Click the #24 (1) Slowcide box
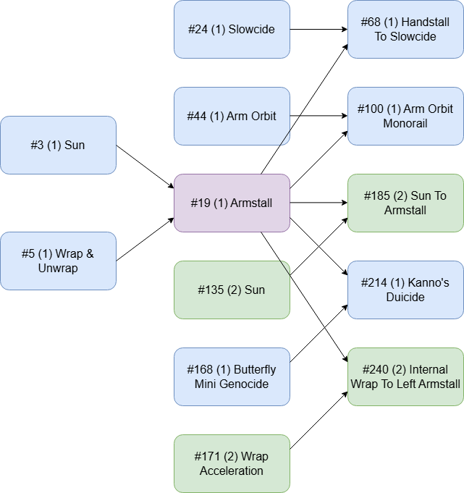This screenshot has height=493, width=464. pyautogui.click(x=232, y=29)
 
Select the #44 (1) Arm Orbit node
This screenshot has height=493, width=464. pyautogui.click(x=232, y=116)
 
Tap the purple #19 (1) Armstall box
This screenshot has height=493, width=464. pyautogui.click(x=232, y=203)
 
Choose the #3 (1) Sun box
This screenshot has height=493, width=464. pyautogui.click(x=58, y=145)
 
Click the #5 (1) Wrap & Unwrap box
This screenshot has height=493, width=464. pyautogui.click(x=58, y=261)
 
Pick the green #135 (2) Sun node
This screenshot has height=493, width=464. pyautogui.click(x=232, y=290)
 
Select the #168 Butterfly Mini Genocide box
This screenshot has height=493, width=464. pyautogui.click(x=232, y=376)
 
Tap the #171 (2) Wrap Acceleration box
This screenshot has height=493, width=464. pyautogui.click(x=232, y=464)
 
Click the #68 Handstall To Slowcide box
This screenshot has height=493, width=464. pyautogui.click(x=405, y=29)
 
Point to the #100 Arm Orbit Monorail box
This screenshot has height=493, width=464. pyautogui.click(x=405, y=116)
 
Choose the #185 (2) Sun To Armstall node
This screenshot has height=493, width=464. pyautogui.click(x=405, y=203)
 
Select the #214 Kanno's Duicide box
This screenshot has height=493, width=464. pyautogui.click(x=405, y=290)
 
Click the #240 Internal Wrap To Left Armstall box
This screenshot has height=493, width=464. pyautogui.click(x=405, y=376)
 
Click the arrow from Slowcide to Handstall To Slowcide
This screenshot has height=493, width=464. pyautogui.click(x=319, y=29)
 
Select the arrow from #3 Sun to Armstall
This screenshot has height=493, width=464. pyautogui.click(x=145, y=167)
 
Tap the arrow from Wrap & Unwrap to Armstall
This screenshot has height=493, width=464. pyautogui.click(x=145, y=240)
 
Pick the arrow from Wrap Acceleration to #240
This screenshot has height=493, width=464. pyautogui.click(x=319, y=420)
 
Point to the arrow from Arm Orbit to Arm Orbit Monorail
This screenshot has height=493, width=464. pyautogui.click(x=319, y=116)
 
